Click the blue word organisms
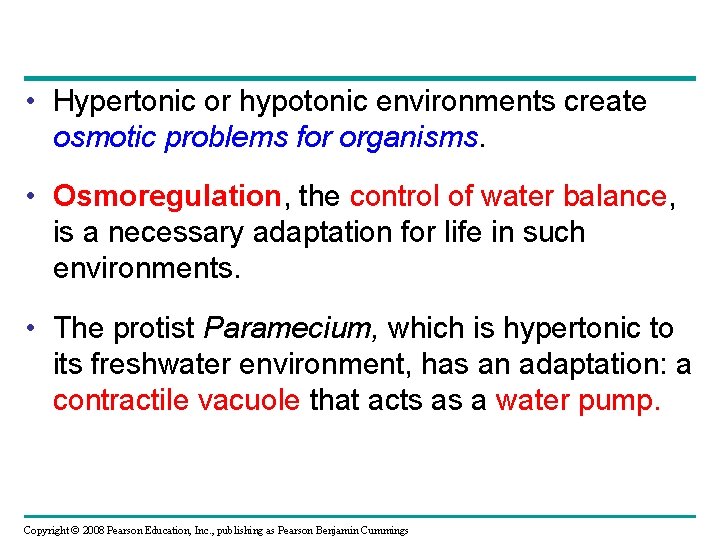point(409,138)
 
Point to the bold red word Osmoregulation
point(167,196)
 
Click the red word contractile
point(121,400)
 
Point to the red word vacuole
point(249,400)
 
